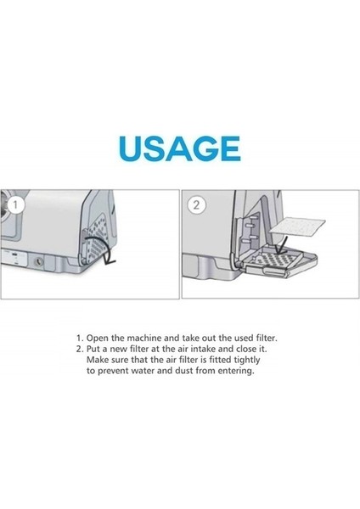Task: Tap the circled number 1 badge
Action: (x=13, y=204)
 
